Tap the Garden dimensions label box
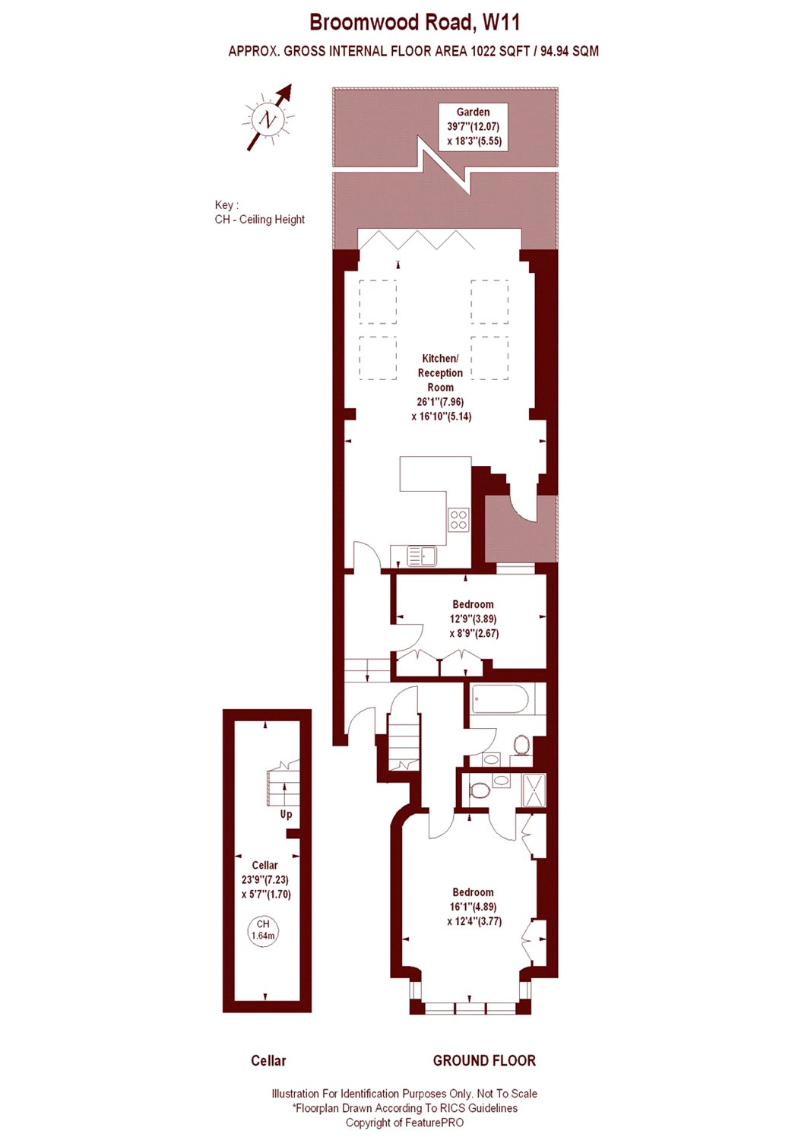tap(473, 127)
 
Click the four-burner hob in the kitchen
tap(458, 519)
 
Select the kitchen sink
tap(422, 556)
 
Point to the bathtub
tap(501, 698)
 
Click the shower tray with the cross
tap(534, 790)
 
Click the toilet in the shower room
tap(480, 791)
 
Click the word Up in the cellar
tap(286, 814)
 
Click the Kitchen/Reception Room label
tap(440, 388)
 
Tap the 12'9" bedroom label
tap(473, 619)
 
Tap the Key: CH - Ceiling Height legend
tap(260, 212)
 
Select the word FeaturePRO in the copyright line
tap(437, 1122)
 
